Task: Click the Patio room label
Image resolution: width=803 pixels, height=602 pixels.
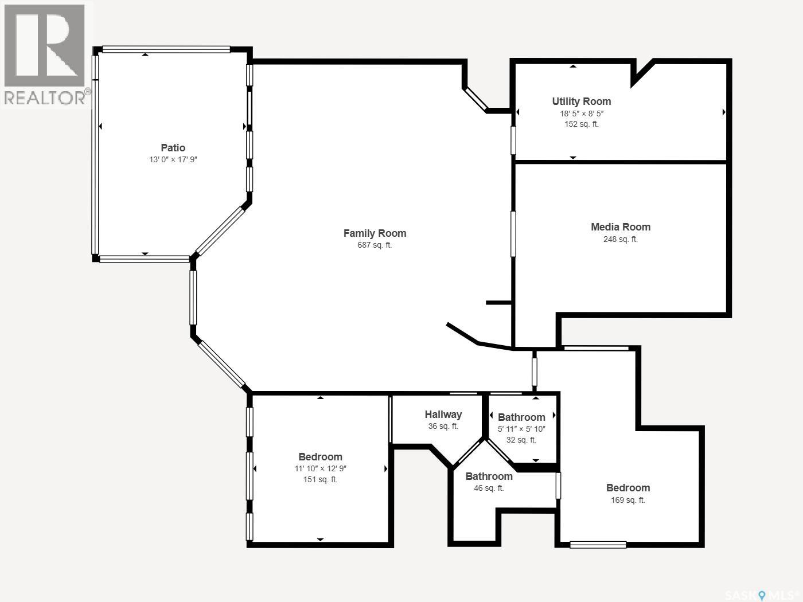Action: pos(173,148)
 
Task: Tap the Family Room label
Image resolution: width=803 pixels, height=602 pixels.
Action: pos(375,233)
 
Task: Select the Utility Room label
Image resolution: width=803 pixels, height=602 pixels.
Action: pos(581,101)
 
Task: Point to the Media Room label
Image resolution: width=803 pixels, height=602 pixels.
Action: pos(621,227)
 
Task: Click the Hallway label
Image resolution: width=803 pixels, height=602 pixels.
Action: pos(443,415)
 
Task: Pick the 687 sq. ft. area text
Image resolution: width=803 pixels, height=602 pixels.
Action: pos(375,245)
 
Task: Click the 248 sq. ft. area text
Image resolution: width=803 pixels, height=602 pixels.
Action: pos(621,239)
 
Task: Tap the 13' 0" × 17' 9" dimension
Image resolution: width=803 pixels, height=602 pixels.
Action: pos(173,160)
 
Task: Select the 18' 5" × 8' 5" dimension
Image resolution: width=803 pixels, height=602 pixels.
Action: pos(581,114)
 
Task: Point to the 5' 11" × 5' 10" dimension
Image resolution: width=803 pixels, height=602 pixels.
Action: pos(521,429)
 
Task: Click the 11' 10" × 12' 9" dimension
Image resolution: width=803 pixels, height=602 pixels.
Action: pos(320,468)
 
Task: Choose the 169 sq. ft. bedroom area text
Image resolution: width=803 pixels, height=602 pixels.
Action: pos(627,499)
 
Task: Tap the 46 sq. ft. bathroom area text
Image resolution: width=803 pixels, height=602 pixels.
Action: pos(489,488)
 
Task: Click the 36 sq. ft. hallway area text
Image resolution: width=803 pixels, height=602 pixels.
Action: pos(443,426)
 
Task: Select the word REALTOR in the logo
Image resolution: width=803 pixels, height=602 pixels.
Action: pos(45,97)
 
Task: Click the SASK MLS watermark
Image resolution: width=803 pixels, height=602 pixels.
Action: pos(762,595)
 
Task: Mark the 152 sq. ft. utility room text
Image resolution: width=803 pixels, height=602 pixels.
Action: pos(581,124)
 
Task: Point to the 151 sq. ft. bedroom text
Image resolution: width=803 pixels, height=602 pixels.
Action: pos(320,479)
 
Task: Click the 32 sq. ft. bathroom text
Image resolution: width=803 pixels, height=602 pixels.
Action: pos(521,440)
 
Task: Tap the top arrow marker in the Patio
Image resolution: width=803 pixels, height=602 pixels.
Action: pos(145,54)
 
